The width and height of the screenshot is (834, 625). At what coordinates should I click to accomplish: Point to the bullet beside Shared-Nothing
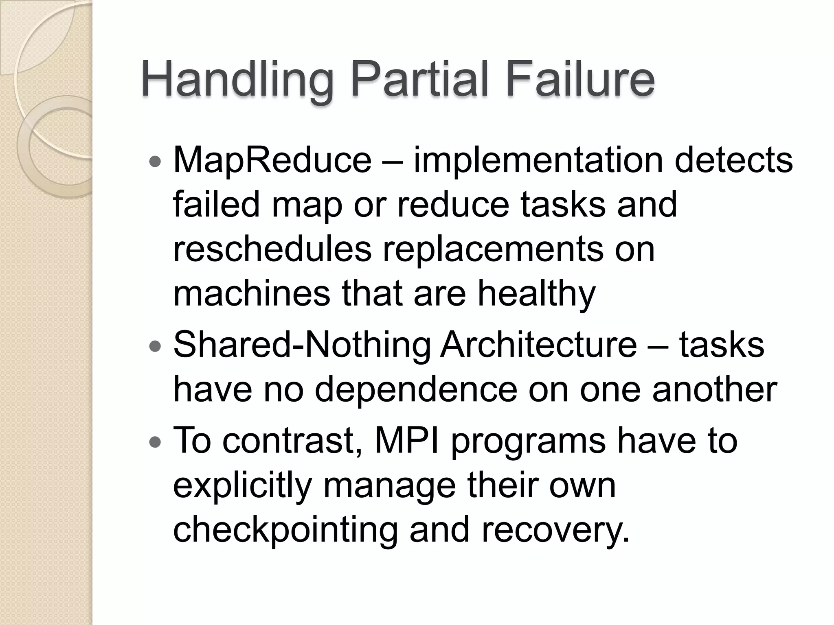tap(156, 347)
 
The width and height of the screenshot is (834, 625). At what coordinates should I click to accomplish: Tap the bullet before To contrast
tap(156, 441)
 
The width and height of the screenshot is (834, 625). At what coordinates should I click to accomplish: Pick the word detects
tap(733, 160)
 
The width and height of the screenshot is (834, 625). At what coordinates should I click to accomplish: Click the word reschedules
tap(272, 249)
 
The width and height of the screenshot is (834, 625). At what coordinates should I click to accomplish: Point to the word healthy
tap(536, 294)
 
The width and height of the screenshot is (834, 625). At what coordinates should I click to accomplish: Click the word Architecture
tap(538, 345)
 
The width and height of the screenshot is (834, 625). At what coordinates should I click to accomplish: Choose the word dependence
tap(416, 390)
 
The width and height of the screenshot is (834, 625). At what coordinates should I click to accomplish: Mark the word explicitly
tap(242, 486)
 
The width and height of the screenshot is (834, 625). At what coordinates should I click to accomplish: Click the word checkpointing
tap(285, 531)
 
